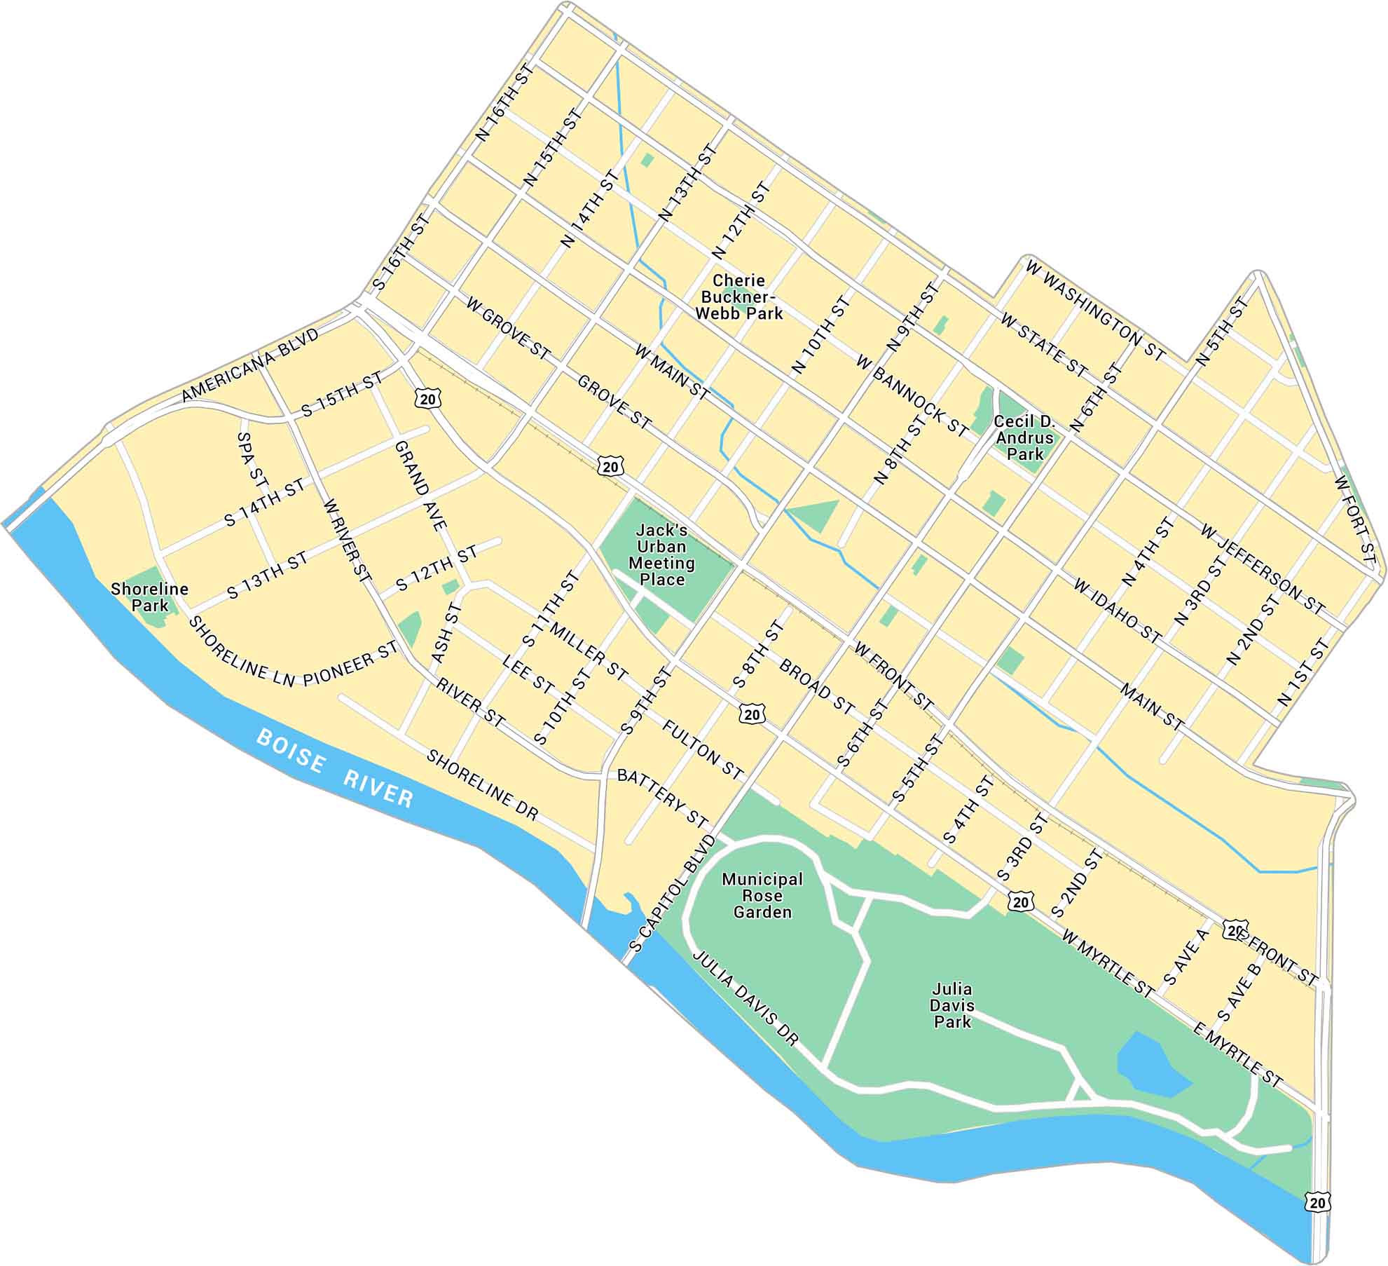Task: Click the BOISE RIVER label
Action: click(x=334, y=768)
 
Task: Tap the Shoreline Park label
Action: click(x=149, y=597)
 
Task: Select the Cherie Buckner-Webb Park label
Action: click(x=738, y=297)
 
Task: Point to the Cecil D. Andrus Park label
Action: click(x=1024, y=437)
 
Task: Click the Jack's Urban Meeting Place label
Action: click(x=661, y=554)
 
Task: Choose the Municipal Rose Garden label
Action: click(x=762, y=896)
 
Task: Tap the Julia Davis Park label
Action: click(x=952, y=1005)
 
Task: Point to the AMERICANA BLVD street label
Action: click(x=250, y=365)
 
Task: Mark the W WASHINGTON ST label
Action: click(x=1094, y=311)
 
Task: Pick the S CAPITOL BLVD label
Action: click(x=673, y=893)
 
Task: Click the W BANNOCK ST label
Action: click(x=912, y=395)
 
